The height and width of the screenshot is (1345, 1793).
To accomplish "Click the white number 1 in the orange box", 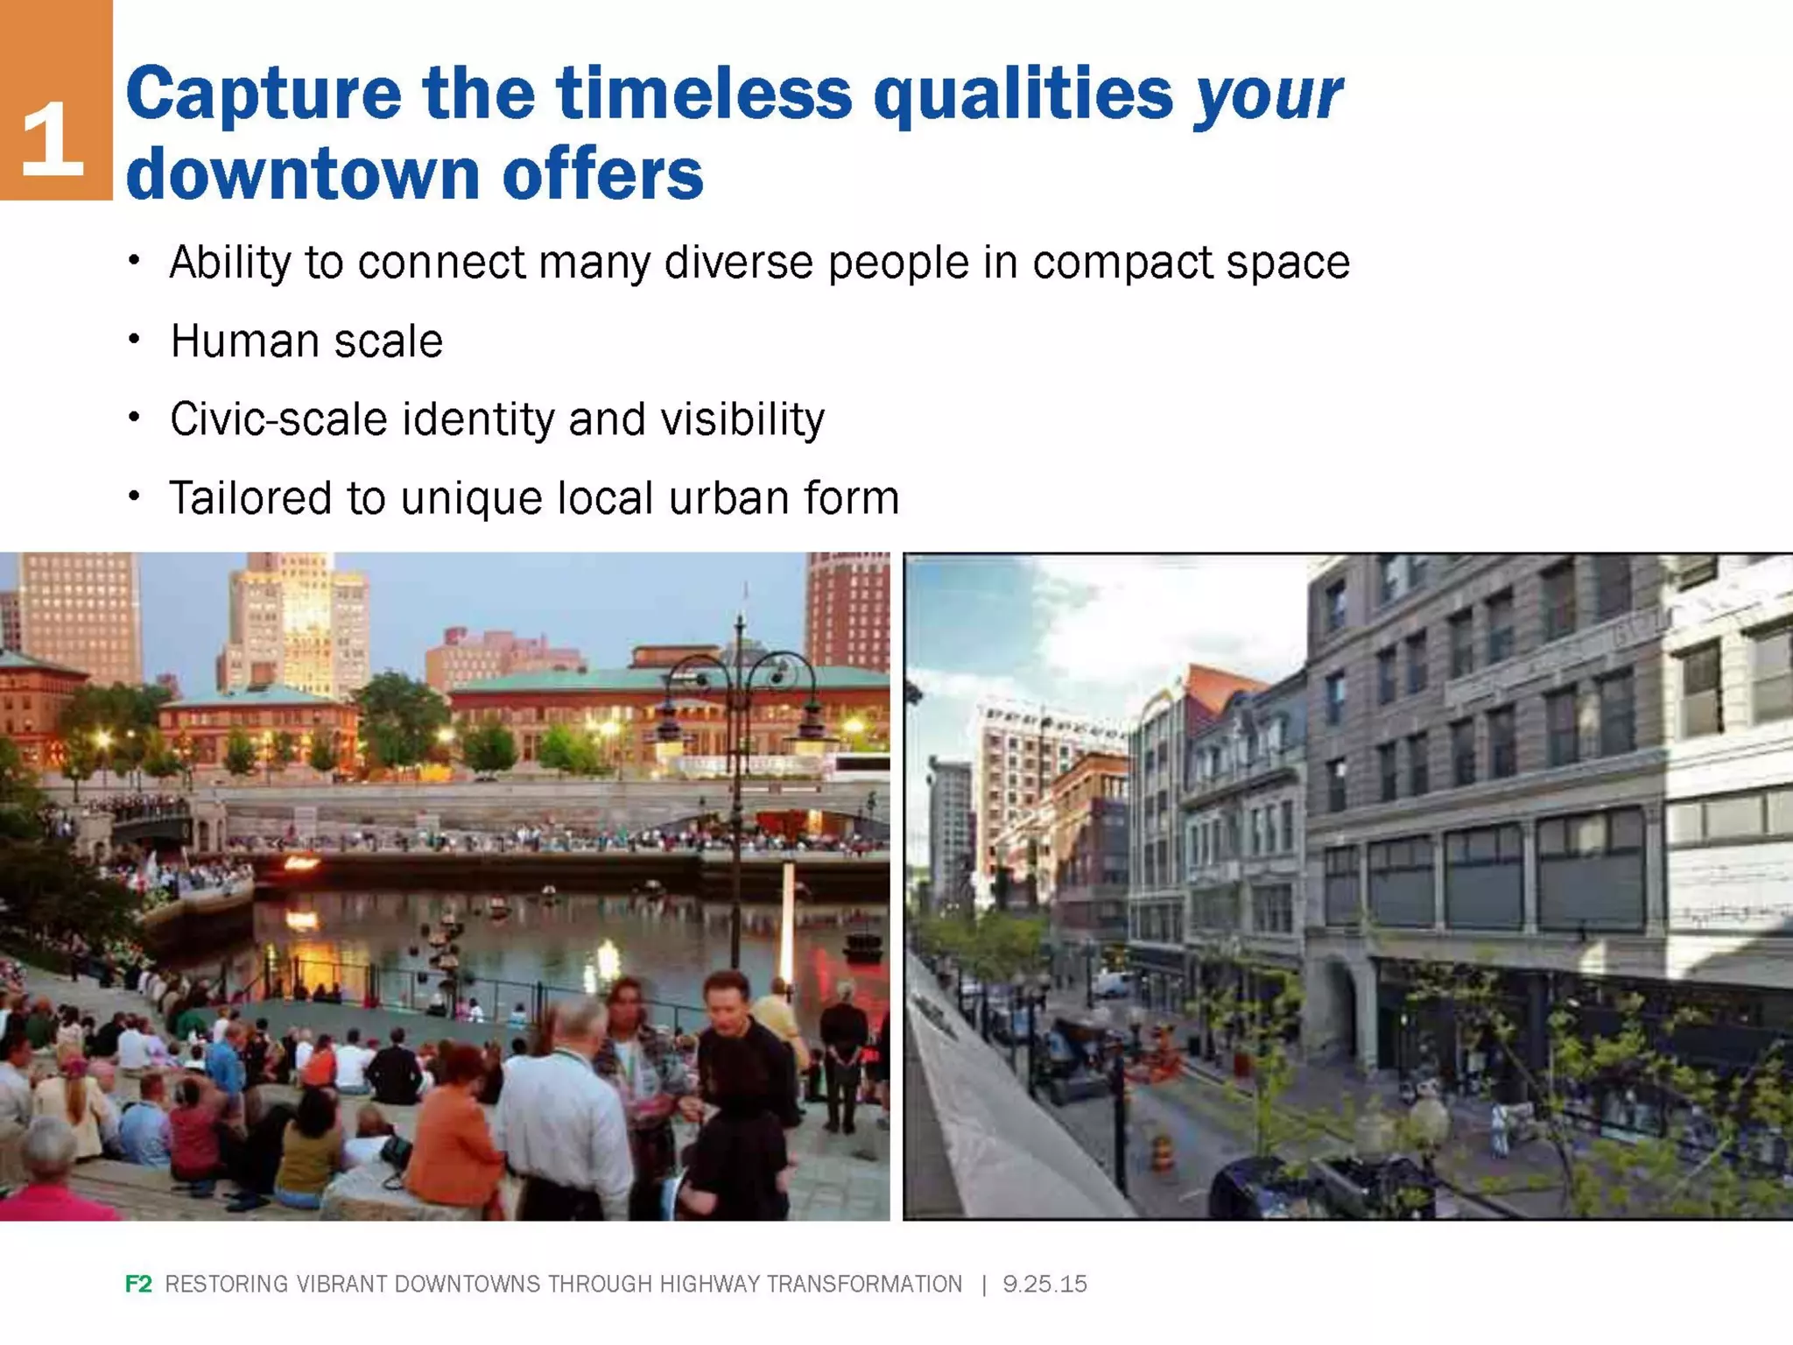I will (53, 137).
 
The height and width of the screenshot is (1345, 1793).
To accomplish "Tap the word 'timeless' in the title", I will (704, 93).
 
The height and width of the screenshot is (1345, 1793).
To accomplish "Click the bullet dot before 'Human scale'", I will (134, 339).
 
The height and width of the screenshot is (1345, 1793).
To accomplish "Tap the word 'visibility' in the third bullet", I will (742, 419).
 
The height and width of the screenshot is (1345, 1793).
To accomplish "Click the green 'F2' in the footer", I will (138, 1284).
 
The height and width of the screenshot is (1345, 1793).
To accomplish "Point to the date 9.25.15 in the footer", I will (1044, 1284).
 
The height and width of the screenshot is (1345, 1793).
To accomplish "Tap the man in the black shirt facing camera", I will (744, 1051).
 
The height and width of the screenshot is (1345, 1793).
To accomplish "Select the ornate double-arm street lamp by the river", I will (740, 701).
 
